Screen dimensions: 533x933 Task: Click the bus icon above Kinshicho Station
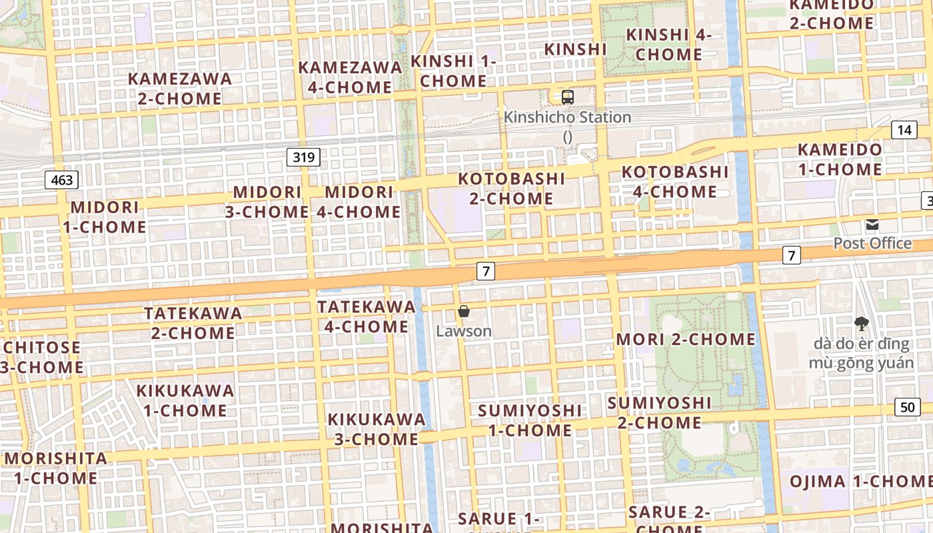pyautogui.click(x=567, y=97)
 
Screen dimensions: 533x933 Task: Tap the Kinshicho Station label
pyautogui.click(x=567, y=118)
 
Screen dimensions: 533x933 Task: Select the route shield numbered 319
pyautogui.click(x=304, y=157)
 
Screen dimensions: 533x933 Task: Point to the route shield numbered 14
pyautogui.click(x=904, y=129)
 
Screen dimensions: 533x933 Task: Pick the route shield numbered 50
pyautogui.click(x=908, y=406)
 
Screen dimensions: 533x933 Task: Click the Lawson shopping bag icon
pyautogui.click(x=464, y=311)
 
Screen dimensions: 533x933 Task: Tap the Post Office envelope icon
pyautogui.click(x=872, y=225)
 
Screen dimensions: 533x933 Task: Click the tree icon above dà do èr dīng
pyautogui.click(x=862, y=324)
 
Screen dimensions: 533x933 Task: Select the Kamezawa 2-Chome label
pyautogui.click(x=180, y=89)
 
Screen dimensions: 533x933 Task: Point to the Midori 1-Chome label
pyautogui.click(x=105, y=217)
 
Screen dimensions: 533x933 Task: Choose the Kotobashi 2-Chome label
pyautogui.click(x=511, y=189)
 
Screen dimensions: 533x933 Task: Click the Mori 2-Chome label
pyautogui.click(x=686, y=339)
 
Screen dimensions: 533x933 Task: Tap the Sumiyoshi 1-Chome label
pyautogui.click(x=530, y=420)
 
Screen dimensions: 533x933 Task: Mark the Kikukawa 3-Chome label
pyautogui.click(x=376, y=429)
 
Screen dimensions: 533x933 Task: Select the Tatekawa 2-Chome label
pyautogui.click(x=193, y=322)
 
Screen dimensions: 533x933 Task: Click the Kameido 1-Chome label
pyautogui.click(x=840, y=159)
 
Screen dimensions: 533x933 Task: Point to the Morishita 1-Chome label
pyautogui.click(x=55, y=468)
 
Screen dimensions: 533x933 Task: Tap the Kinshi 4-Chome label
pyautogui.click(x=669, y=45)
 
